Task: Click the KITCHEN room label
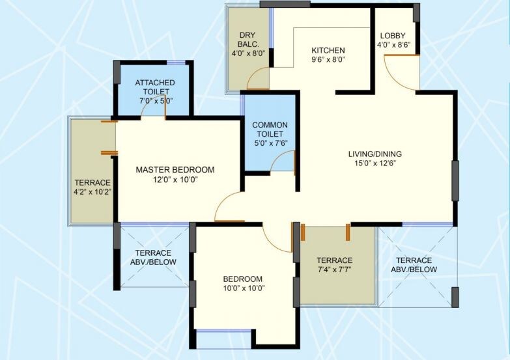pyautogui.click(x=328, y=50)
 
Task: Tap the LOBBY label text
pyautogui.click(x=393, y=35)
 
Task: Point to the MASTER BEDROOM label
pyautogui.click(x=175, y=169)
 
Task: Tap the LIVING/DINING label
pyautogui.click(x=375, y=154)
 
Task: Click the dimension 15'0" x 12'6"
pyautogui.click(x=375, y=163)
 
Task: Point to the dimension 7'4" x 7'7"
pyautogui.click(x=335, y=270)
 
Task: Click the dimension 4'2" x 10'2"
pyautogui.click(x=92, y=192)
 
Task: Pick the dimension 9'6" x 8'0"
pyautogui.click(x=328, y=59)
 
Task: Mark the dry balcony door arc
pyautogui.click(x=259, y=81)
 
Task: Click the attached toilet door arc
pyautogui.click(x=154, y=111)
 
